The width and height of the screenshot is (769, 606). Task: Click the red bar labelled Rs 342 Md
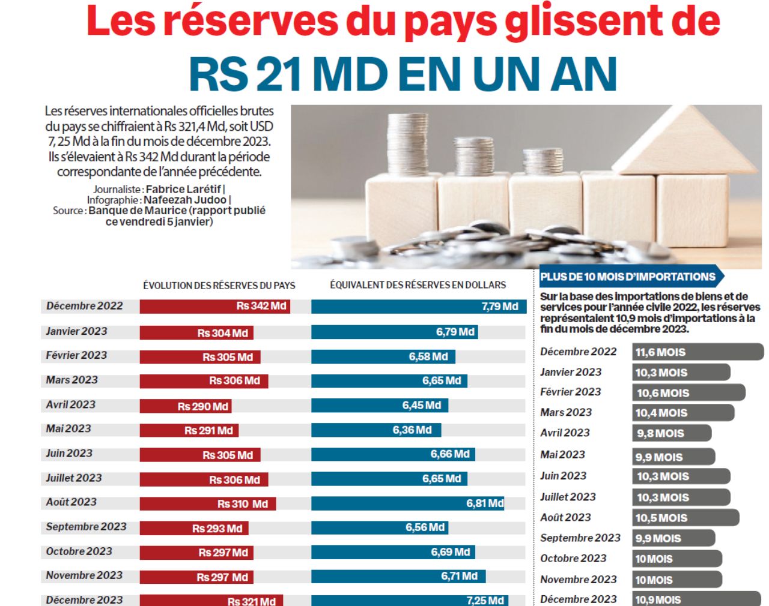click(x=215, y=306)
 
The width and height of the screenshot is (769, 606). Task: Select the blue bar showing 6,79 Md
click(x=394, y=332)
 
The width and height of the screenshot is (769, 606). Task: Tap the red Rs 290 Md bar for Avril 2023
click(x=185, y=406)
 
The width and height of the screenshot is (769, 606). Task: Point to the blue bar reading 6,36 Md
click(x=375, y=430)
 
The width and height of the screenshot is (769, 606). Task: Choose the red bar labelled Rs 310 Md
click(x=207, y=503)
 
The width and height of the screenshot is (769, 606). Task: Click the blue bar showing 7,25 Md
click(x=409, y=600)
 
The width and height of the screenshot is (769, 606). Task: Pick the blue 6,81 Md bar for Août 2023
click(x=407, y=503)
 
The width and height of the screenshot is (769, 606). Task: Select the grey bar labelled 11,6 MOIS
click(x=698, y=352)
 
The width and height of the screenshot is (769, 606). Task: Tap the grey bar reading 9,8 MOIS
click(x=672, y=433)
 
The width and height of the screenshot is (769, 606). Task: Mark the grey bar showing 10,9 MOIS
click(x=696, y=599)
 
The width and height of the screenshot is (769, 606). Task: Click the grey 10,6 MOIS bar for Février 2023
click(x=689, y=393)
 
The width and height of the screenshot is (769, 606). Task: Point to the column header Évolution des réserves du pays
click(x=219, y=286)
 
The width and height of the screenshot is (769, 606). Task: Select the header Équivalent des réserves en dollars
click(x=418, y=285)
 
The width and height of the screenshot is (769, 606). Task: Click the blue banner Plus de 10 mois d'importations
click(x=628, y=277)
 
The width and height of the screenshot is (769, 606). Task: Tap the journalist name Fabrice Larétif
click(x=183, y=189)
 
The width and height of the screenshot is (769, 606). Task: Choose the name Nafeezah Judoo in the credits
click(x=184, y=200)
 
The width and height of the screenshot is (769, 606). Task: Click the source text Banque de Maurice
click(x=138, y=211)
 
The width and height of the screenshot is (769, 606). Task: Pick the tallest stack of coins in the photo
click(x=408, y=144)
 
